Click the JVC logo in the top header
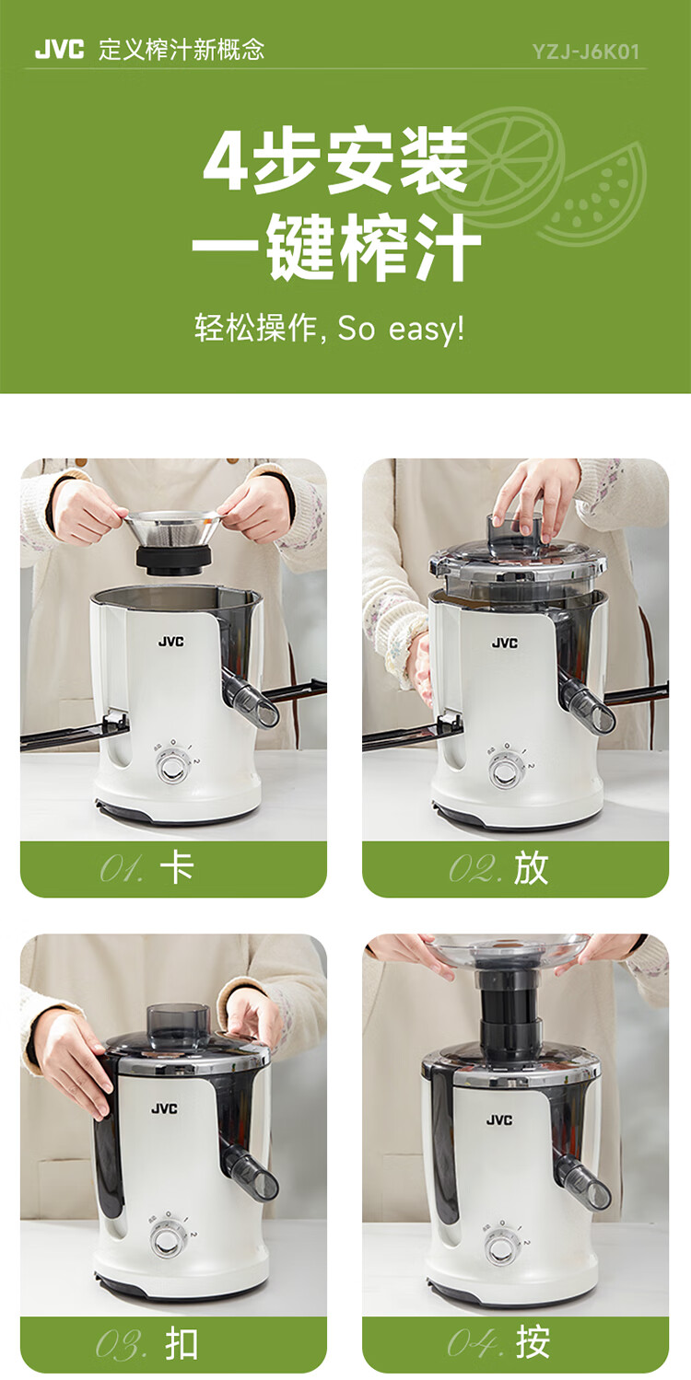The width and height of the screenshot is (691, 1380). coord(59,50)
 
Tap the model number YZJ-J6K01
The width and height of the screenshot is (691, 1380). coord(586,52)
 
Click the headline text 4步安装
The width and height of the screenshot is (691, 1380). coord(336,160)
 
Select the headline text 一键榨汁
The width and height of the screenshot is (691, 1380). coord(336,247)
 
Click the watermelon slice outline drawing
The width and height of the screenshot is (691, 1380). coord(595,196)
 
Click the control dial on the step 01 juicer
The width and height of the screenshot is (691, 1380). coord(172,768)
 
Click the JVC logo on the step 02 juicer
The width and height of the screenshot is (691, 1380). coord(505,643)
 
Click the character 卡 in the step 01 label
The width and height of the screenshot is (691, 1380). coord(177,868)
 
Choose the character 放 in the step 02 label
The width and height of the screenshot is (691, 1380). coord(530,869)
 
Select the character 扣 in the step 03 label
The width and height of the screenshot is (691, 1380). coord(182,1344)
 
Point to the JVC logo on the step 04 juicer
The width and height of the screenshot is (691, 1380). coord(498,1119)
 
